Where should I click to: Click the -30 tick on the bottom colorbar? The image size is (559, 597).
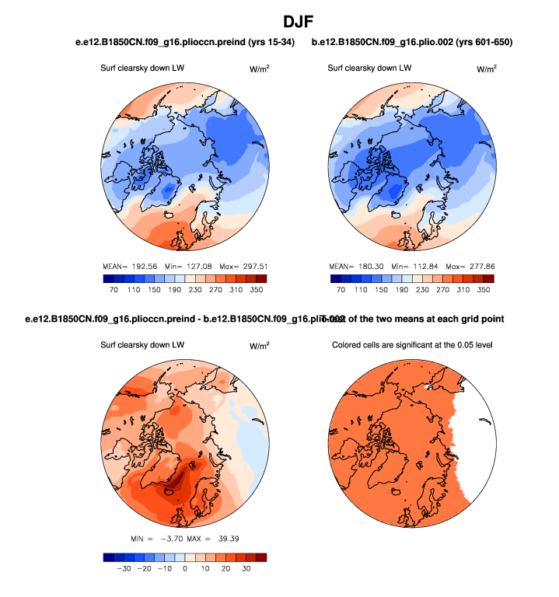pyautogui.click(x=122, y=568)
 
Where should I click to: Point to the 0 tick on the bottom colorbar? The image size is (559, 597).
pyautogui.click(x=185, y=568)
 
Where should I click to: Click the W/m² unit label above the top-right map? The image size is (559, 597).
pyautogui.click(x=486, y=68)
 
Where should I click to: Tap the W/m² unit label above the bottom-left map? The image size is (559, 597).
pyautogui.click(x=259, y=345)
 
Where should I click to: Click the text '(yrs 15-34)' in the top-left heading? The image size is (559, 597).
pyautogui.click(x=267, y=41)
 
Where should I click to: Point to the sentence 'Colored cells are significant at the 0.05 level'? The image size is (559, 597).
pyautogui.click(x=415, y=345)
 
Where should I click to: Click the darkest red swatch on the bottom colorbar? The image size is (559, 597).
pyautogui.click(x=260, y=557)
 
